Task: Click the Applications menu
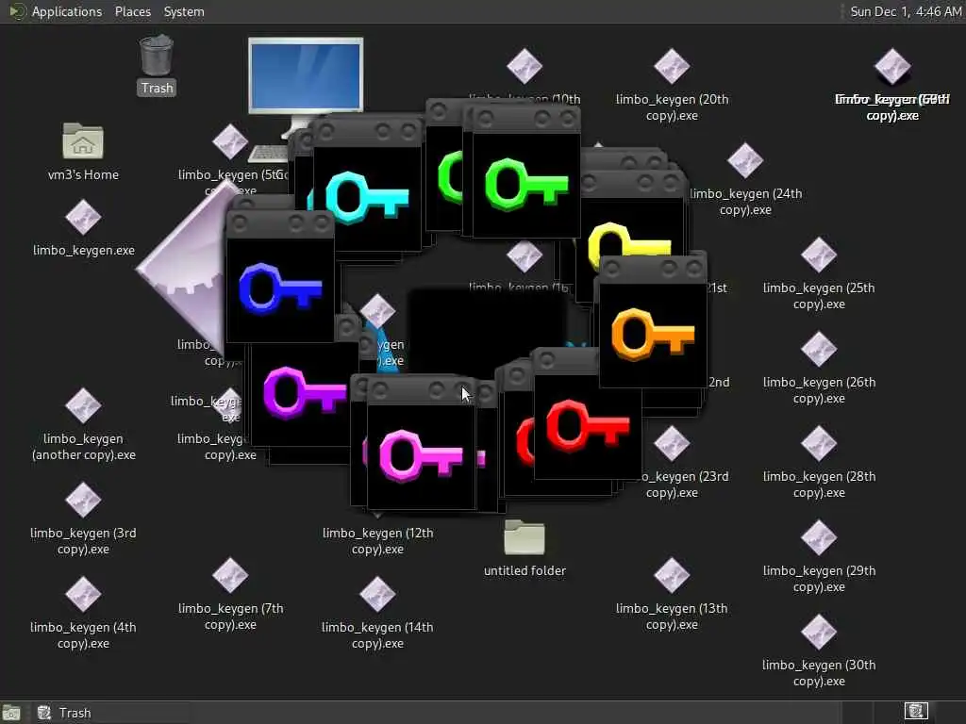click(66, 11)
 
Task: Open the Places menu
click(133, 11)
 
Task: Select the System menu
click(184, 11)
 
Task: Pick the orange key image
click(652, 334)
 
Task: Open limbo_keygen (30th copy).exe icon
click(819, 633)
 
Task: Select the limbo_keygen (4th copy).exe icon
click(83, 595)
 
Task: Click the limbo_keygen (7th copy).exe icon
click(230, 576)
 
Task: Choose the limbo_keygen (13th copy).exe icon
click(672, 576)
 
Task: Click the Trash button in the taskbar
click(66, 713)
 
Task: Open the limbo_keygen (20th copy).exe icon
click(672, 67)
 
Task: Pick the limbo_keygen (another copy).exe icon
click(83, 406)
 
